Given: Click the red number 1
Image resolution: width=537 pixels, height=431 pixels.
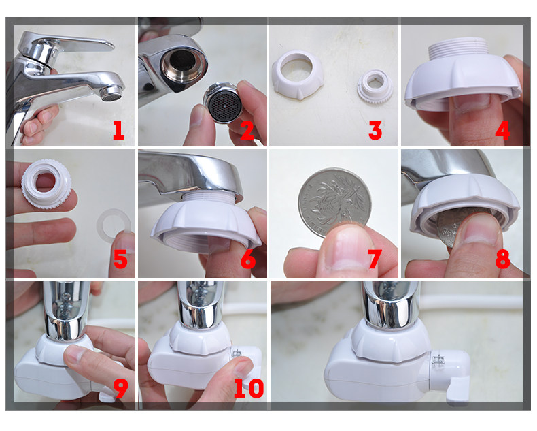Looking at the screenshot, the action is coord(118,131).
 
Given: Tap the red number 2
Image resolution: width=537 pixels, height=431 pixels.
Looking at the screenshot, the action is coord(247,131).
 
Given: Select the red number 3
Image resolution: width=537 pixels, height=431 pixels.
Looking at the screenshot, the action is coord(375,131).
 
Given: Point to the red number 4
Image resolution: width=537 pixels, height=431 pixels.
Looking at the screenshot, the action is coord(502,131).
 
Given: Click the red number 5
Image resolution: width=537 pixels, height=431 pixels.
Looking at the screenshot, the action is coord(120,259).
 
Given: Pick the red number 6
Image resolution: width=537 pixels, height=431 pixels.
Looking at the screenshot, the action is coord(248,259).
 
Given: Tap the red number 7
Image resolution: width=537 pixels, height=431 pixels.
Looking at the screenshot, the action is coord(375,259).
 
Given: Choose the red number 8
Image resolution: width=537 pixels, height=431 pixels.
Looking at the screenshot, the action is coord(502,259).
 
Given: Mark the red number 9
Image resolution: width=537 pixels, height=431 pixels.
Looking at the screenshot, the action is coord(120,388).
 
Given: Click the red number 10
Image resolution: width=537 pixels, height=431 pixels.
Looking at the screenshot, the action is coord(249,388).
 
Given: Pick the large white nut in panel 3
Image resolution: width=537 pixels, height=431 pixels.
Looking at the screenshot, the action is coord(298,74).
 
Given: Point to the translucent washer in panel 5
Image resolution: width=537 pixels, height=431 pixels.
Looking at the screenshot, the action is coord(114,225).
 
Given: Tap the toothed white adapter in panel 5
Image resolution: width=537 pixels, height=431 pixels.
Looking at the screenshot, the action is coord(46,184).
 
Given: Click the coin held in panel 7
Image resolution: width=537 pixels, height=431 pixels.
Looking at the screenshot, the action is coord(334,202).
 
